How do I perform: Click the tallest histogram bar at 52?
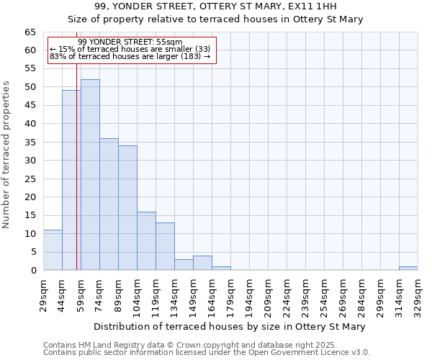coord(90,175)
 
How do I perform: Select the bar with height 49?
coord(71,180)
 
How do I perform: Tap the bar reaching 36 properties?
coord(109,204)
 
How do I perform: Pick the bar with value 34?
coord(127,208)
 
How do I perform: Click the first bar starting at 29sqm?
coord(53,250)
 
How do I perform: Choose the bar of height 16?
coord(146,240)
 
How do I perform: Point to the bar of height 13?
coord(165,246)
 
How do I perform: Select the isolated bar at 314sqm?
coord(408,269)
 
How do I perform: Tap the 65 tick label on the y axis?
coord(30,32)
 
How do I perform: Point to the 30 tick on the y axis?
coord(30,161)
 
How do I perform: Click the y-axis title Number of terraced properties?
coord(7,154)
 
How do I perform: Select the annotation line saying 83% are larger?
coord(130,56)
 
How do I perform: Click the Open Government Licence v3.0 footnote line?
coord(207,352)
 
